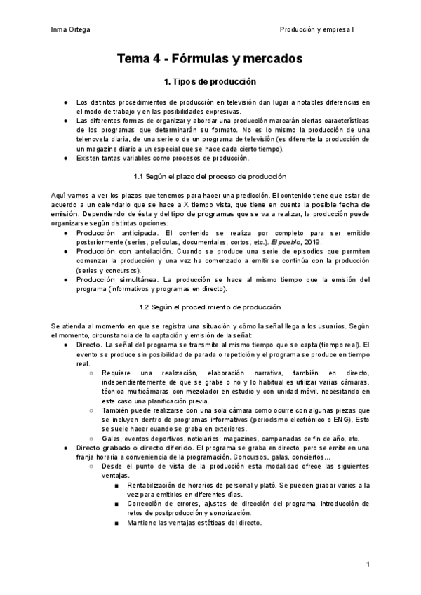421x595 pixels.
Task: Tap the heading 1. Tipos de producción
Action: click(x=210, y=81)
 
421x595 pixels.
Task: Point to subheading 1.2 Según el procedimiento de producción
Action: click(x=210, y=307)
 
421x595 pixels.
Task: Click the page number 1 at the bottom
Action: click(x=368, y=564)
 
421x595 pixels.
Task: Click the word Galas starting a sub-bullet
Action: click(x=112, y=438)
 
